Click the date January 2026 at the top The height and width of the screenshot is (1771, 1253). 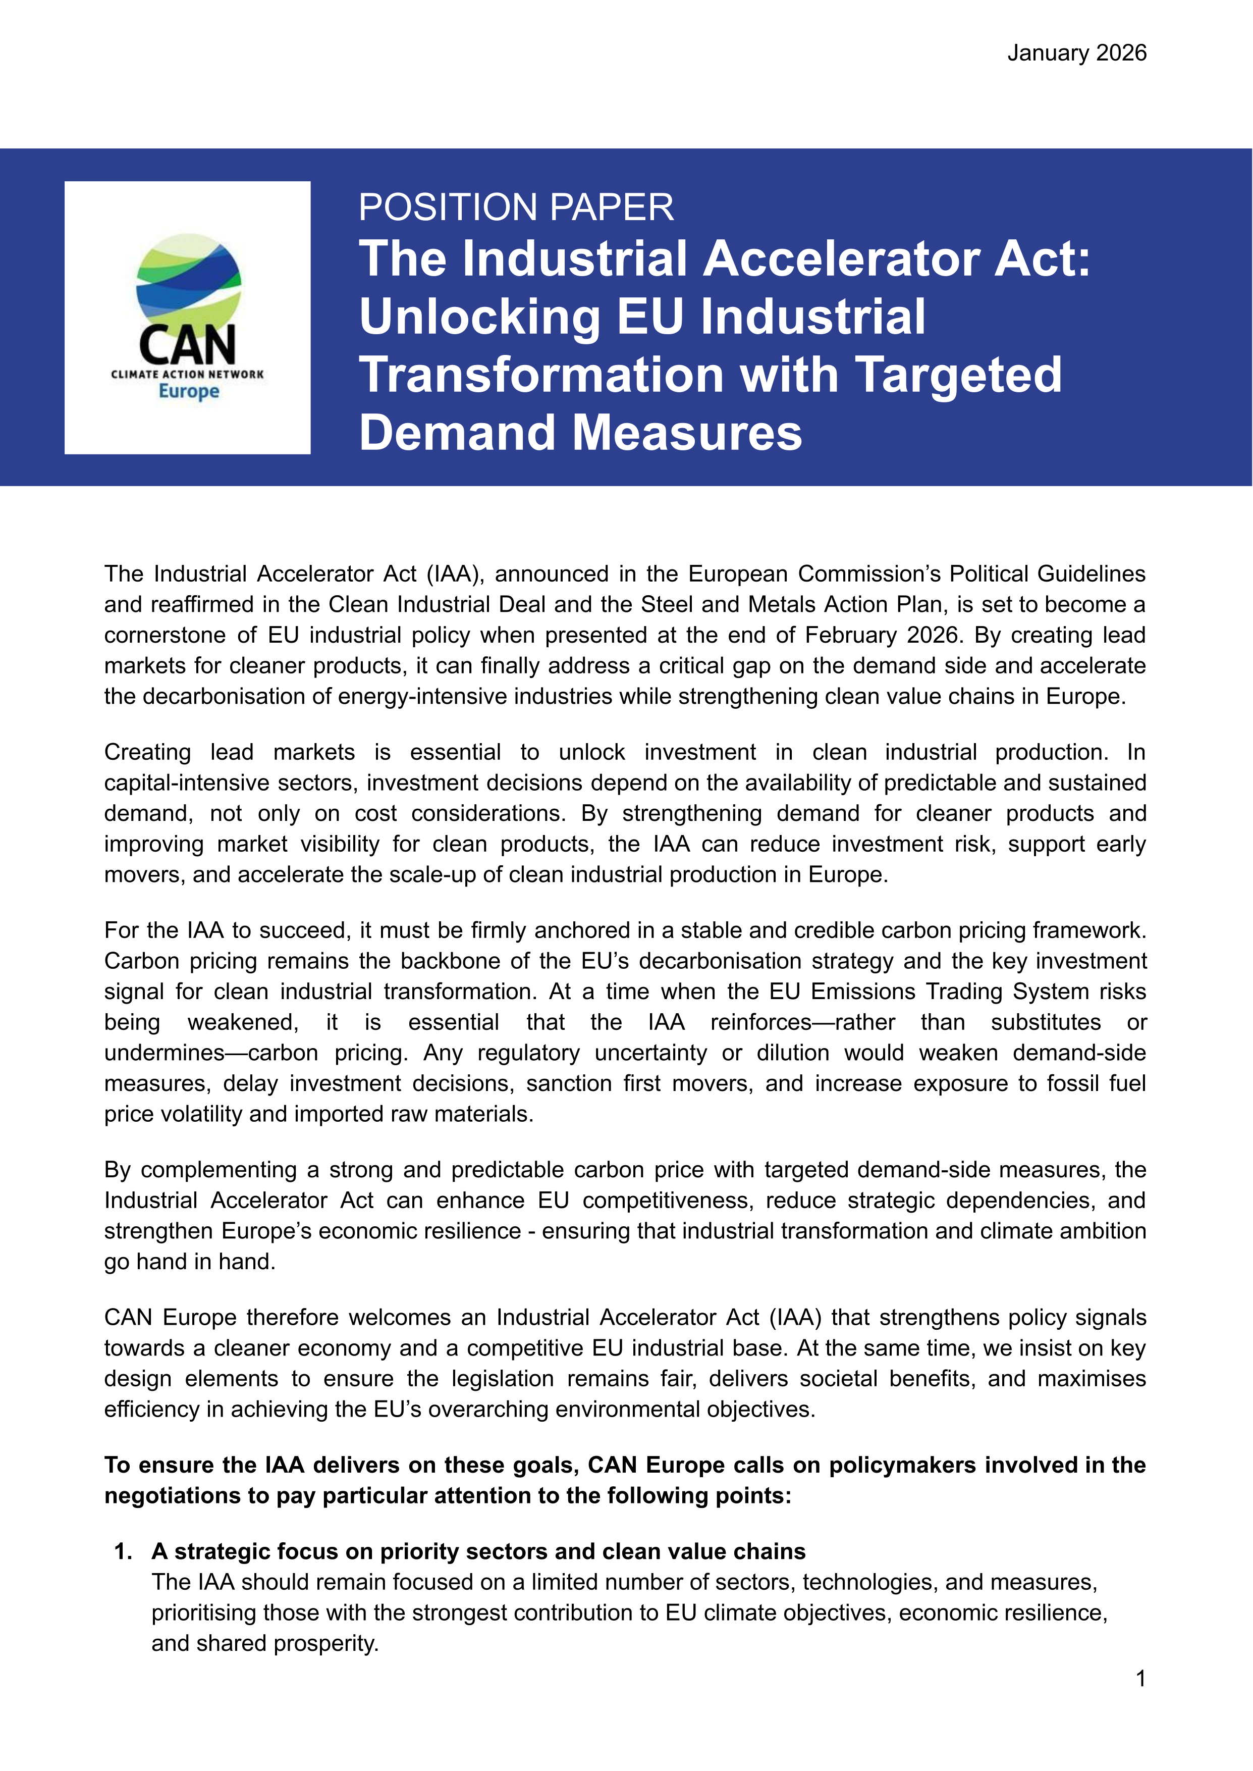[x=1076, y=53]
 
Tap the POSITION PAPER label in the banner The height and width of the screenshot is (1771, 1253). [x=515, y=207]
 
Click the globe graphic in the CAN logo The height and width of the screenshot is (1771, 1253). [x=188, y=282]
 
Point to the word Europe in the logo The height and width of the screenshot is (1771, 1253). [x=188, y=391]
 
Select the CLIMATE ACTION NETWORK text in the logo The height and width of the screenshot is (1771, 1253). [x=188, y=374]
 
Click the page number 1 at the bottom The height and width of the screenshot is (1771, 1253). [x=1140, y=1679]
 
